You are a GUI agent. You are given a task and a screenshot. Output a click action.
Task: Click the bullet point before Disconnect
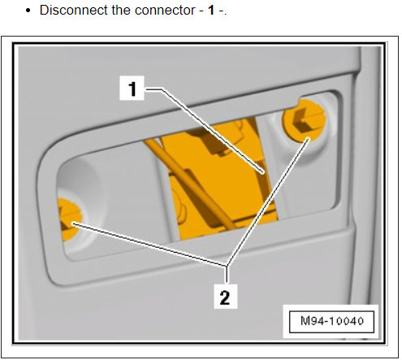[x=29, y=12]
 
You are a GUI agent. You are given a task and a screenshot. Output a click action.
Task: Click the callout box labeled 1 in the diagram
[x=133, y=88]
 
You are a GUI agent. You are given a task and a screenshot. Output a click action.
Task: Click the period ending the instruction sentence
[x=222, y=15]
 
